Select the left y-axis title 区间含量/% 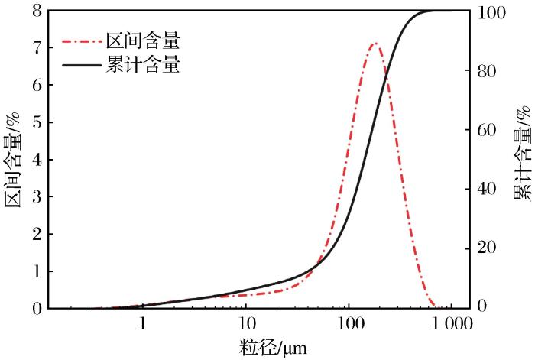[12, 158]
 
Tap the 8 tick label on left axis [36, 11]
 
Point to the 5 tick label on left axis [36, 122]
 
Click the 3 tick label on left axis [36, 196]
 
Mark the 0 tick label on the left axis [36, 308]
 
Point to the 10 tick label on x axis [246, 323]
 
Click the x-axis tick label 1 [143, 323]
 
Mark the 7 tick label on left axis [36, 48]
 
